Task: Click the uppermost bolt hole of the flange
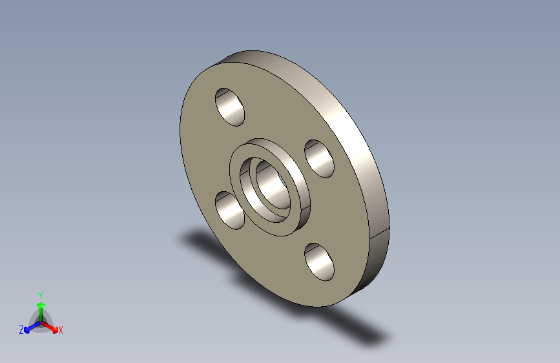pos(231,107)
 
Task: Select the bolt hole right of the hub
pos(320,158)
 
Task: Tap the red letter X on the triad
pos(61,330)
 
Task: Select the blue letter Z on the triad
pos(21,329)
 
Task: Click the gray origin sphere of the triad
pos(41,321)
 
